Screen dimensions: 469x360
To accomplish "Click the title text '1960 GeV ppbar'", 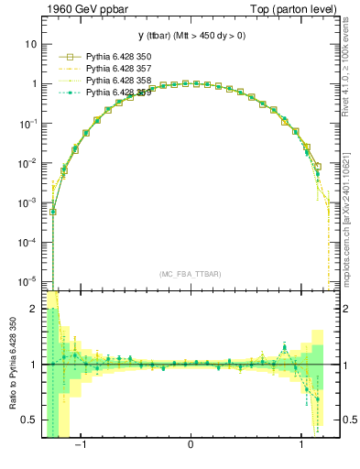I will [80, 10].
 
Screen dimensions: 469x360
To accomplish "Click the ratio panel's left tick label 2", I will [33, 310].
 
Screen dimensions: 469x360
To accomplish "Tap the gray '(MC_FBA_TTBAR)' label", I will [190, 274].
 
